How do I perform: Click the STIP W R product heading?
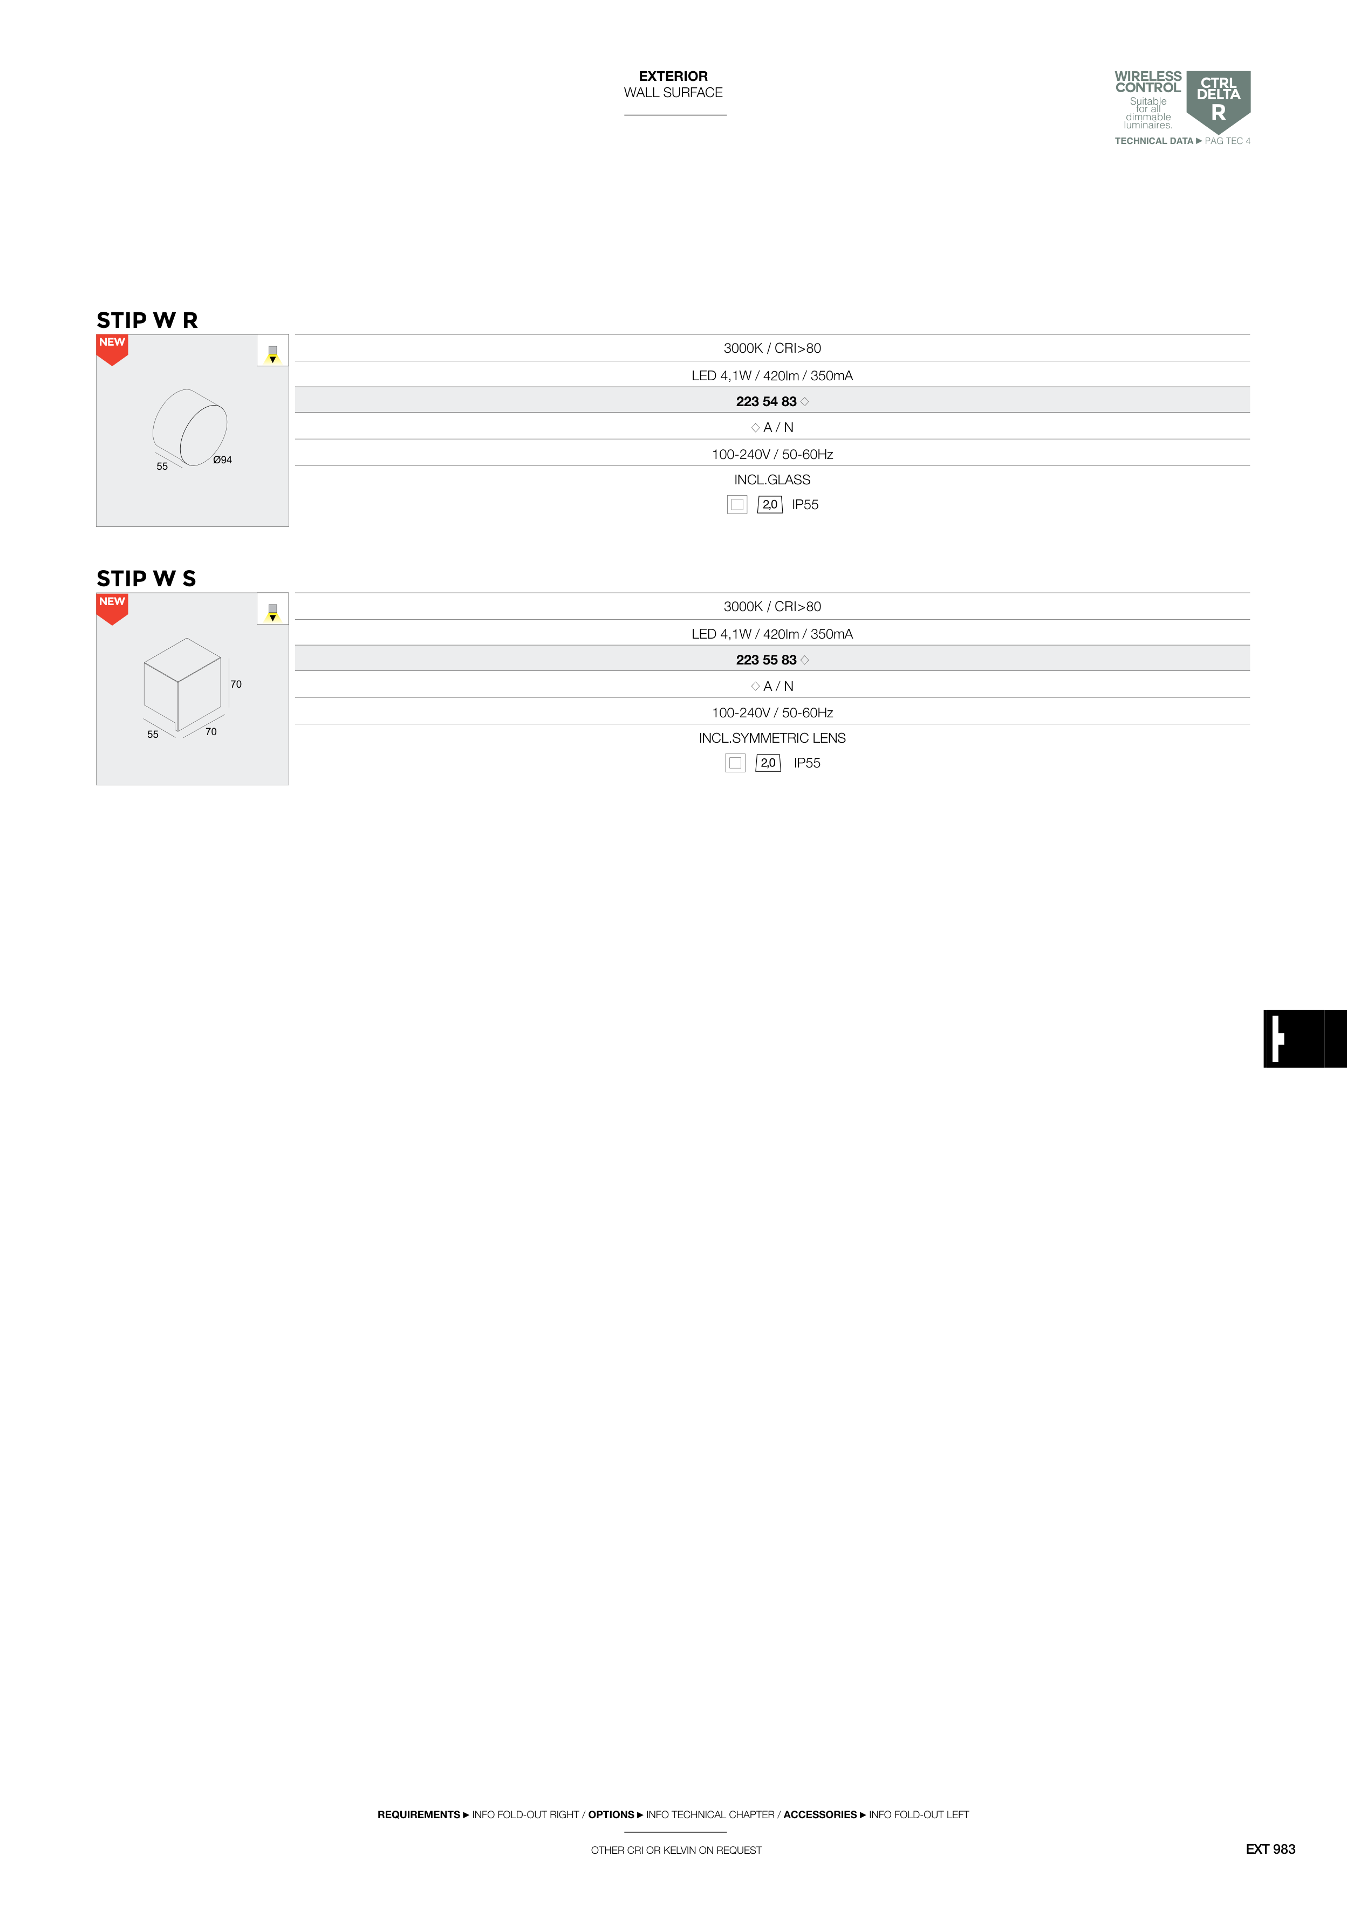(x=147, y=320)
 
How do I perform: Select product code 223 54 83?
(x=766, y=402)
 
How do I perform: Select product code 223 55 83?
(x=766, y=660)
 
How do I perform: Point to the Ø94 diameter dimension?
(x=222, y=460)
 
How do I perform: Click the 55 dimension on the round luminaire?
(x=162, y=467)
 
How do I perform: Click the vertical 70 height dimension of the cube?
(x=236, y=684)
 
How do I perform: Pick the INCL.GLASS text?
(x=772, y=479)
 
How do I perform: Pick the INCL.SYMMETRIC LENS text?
(x=772, y=738)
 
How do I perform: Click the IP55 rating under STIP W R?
(x=805, y=504)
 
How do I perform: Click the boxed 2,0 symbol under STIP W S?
(x=768, y=763)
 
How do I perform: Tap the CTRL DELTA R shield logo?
(x=1218, y=100)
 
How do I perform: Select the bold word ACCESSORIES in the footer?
(x=819, y=1814)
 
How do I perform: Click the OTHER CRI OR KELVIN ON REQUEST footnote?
(x=675, y=1850)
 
